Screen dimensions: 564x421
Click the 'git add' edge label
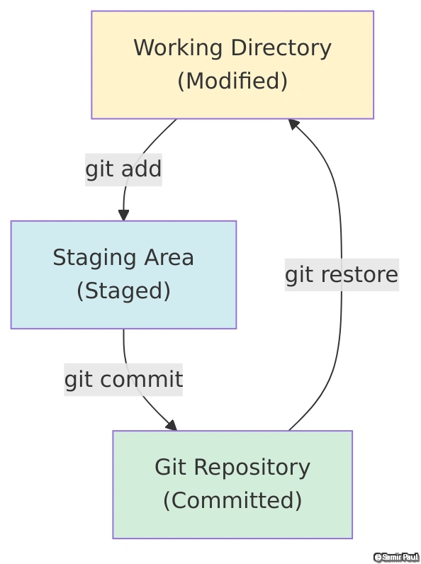tap(123, 170)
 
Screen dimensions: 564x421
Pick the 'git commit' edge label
tap(123, 380)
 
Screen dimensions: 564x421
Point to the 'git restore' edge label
tap(341, 275)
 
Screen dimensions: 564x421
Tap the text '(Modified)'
tap(232, 81)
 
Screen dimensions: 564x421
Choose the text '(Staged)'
tap(123, 291)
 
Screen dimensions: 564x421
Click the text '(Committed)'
tap(232, 501)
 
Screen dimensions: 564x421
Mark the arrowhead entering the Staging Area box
tap(123, 215)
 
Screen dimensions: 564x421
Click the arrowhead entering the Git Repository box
tap(171, 425)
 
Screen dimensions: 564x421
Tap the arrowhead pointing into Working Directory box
tap(293, 124)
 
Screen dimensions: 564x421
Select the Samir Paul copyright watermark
tap(396, 557)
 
